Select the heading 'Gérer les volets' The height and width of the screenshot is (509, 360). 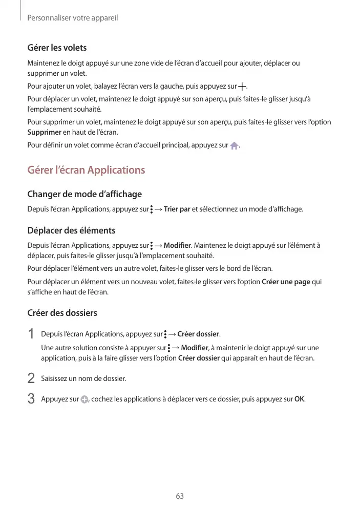[57, 48]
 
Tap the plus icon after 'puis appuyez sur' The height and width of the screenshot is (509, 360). [242, 86]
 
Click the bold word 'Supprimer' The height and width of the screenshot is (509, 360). [44, 133]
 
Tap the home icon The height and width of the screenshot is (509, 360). [234, 146]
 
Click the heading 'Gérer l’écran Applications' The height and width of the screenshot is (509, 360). [86, 170]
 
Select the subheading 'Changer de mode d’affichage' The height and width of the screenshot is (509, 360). [84, 194]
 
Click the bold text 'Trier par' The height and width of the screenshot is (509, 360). [177, 209]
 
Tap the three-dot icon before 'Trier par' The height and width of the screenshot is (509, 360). [152, 209]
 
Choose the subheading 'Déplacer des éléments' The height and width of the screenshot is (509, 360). [71, 230]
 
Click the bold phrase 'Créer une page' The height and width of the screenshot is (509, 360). [286, 282]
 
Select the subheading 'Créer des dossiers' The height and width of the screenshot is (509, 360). [62, 312]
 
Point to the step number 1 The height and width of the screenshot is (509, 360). [31, 334]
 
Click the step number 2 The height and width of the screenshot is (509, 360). [31, 378]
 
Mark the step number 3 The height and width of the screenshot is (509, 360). [31, 398]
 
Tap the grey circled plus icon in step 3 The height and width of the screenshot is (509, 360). [84, 399]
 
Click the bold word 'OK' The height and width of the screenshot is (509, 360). [300, 399]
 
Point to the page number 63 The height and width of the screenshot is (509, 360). [180, 496]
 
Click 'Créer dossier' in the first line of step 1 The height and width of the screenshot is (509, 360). [198, 335]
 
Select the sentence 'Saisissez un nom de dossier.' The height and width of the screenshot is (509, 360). [83, 379]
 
